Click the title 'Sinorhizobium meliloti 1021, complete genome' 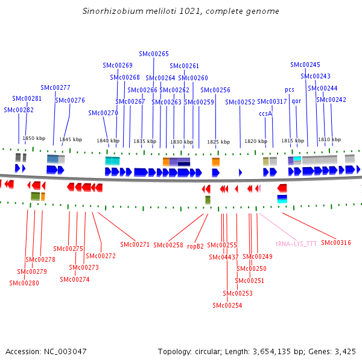(x=181, y=11)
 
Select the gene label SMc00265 (x=154, y=54)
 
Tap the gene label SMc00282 (x=19, y=110)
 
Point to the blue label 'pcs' (x=290, y=90)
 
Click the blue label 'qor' (x=296, y=101)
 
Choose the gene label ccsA (x=265, y=113)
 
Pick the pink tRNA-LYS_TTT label (x=296, y=244)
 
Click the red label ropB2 (x=195, y=246)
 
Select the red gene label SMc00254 (x=227, y=305)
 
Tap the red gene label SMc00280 (x=24, y=283)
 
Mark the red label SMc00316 (x=336, y=243)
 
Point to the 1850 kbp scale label (x=34, y=138)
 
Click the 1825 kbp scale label (x=218, y=142)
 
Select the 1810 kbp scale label (x=329, y=139)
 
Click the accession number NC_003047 (x=65, y=352)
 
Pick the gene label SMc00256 (x=215, y=90)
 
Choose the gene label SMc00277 (x=56, y=87)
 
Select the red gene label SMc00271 (x=135, y=244)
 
